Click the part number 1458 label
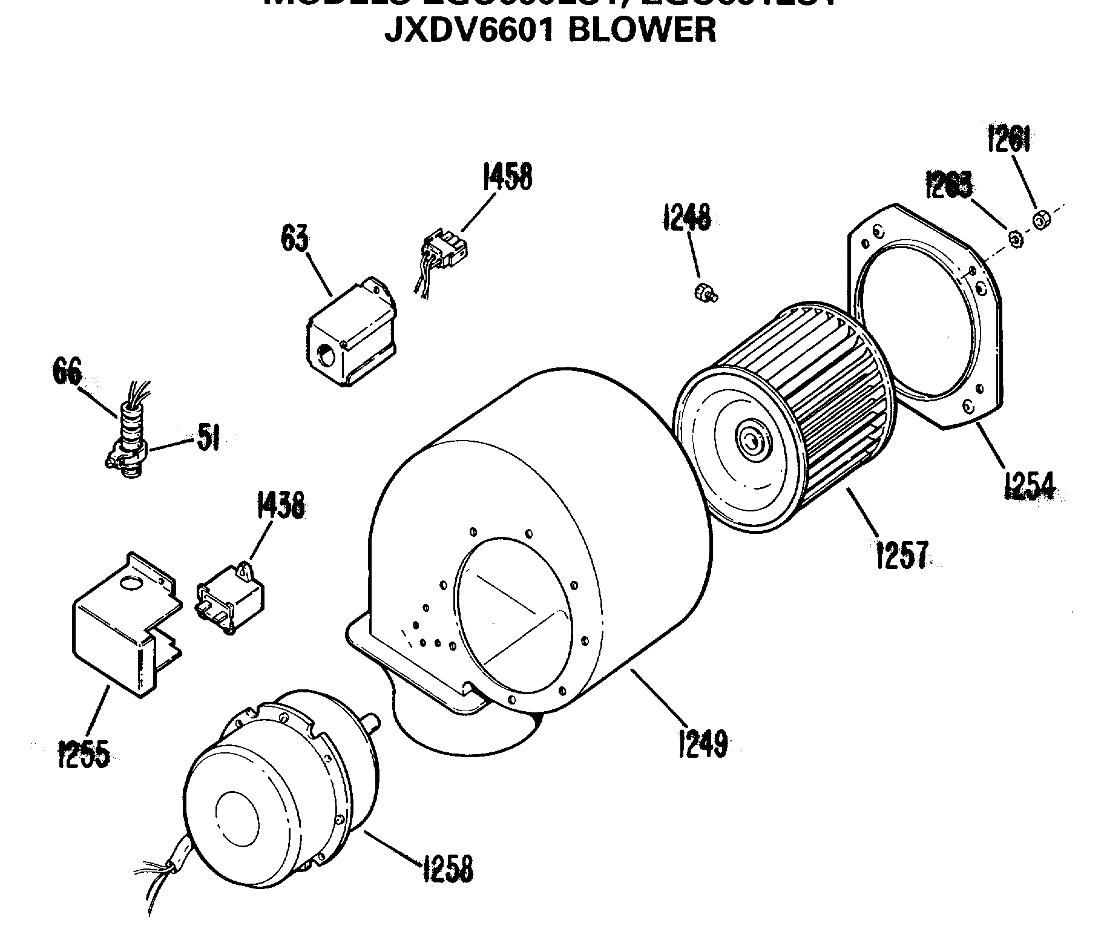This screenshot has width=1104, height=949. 507,177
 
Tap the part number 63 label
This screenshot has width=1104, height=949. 294,238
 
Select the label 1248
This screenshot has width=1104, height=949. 687,218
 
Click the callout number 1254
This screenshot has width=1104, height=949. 1030,485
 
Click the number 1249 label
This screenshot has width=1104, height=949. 701,743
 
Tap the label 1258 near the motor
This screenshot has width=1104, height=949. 447,868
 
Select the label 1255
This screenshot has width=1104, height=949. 84,754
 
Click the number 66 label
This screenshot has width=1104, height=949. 67,372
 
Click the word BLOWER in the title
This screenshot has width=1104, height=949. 642,30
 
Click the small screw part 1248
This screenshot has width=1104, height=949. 705,292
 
